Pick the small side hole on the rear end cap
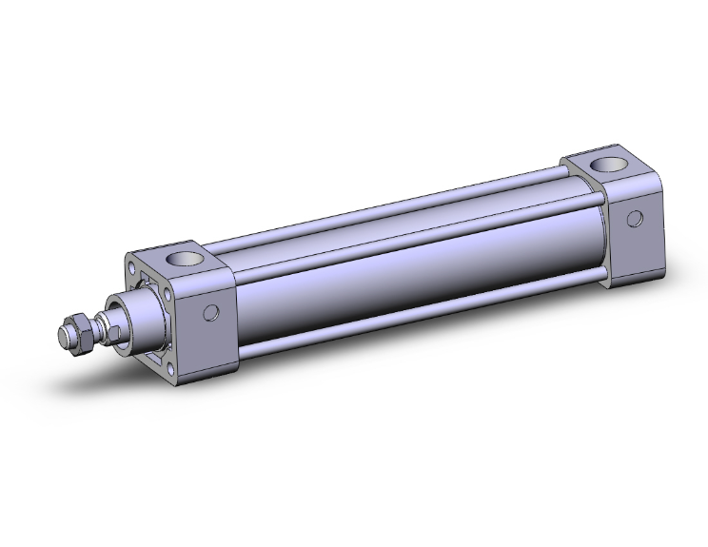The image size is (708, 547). pos(632,218)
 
